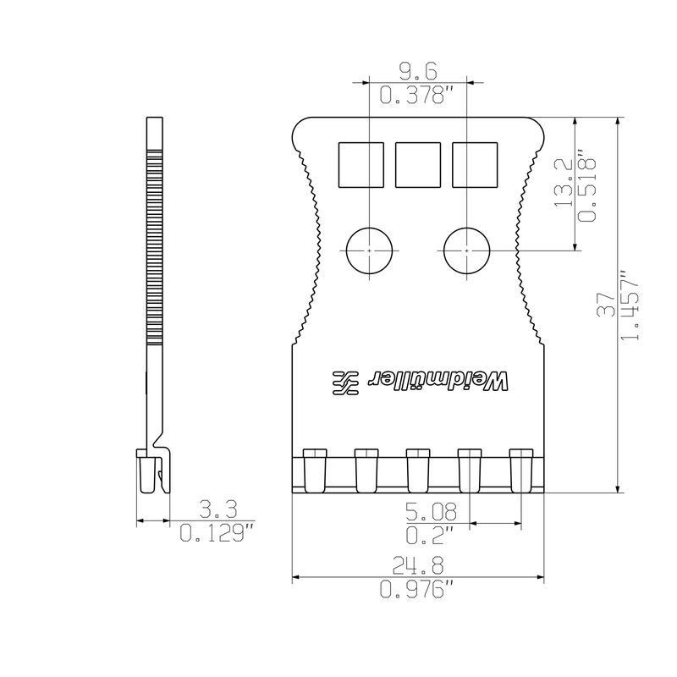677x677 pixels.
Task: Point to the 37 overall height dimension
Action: [x=607, y=305]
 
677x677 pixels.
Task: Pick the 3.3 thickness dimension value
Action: [x=217, y=509]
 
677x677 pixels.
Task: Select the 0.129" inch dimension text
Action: [x=217, y=533]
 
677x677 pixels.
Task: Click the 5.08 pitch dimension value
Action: [x=432, y=512]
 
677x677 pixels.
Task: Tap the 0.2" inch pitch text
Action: [x=432, y=535]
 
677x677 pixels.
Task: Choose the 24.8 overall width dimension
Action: [x=418, y=565]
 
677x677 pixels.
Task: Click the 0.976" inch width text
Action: [x=418, y=591]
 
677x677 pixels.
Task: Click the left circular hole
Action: [x=370, y=250]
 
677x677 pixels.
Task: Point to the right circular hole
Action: [x=468, y=250]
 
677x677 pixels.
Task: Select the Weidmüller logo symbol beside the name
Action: [x=345, y=383]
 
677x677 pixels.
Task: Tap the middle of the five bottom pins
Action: [x=417, y=469]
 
